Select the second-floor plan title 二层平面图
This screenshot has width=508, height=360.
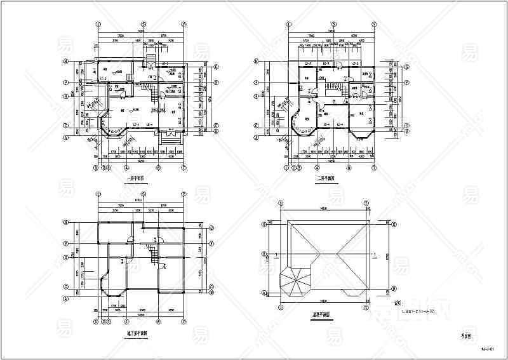[326, 178]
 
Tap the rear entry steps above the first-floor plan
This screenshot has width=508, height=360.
[151, 59]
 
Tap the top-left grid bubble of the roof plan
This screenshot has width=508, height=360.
[279, 202]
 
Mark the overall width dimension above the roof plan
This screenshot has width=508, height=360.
[323, 208]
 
